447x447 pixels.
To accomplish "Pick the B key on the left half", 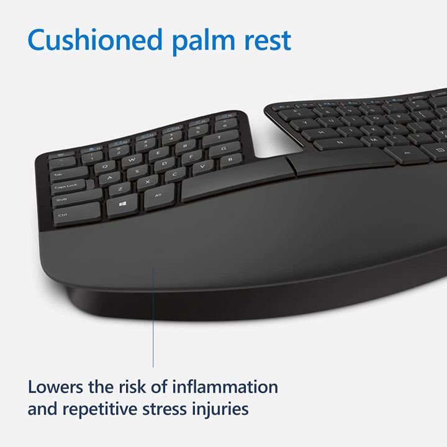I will [x=231, y=159].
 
